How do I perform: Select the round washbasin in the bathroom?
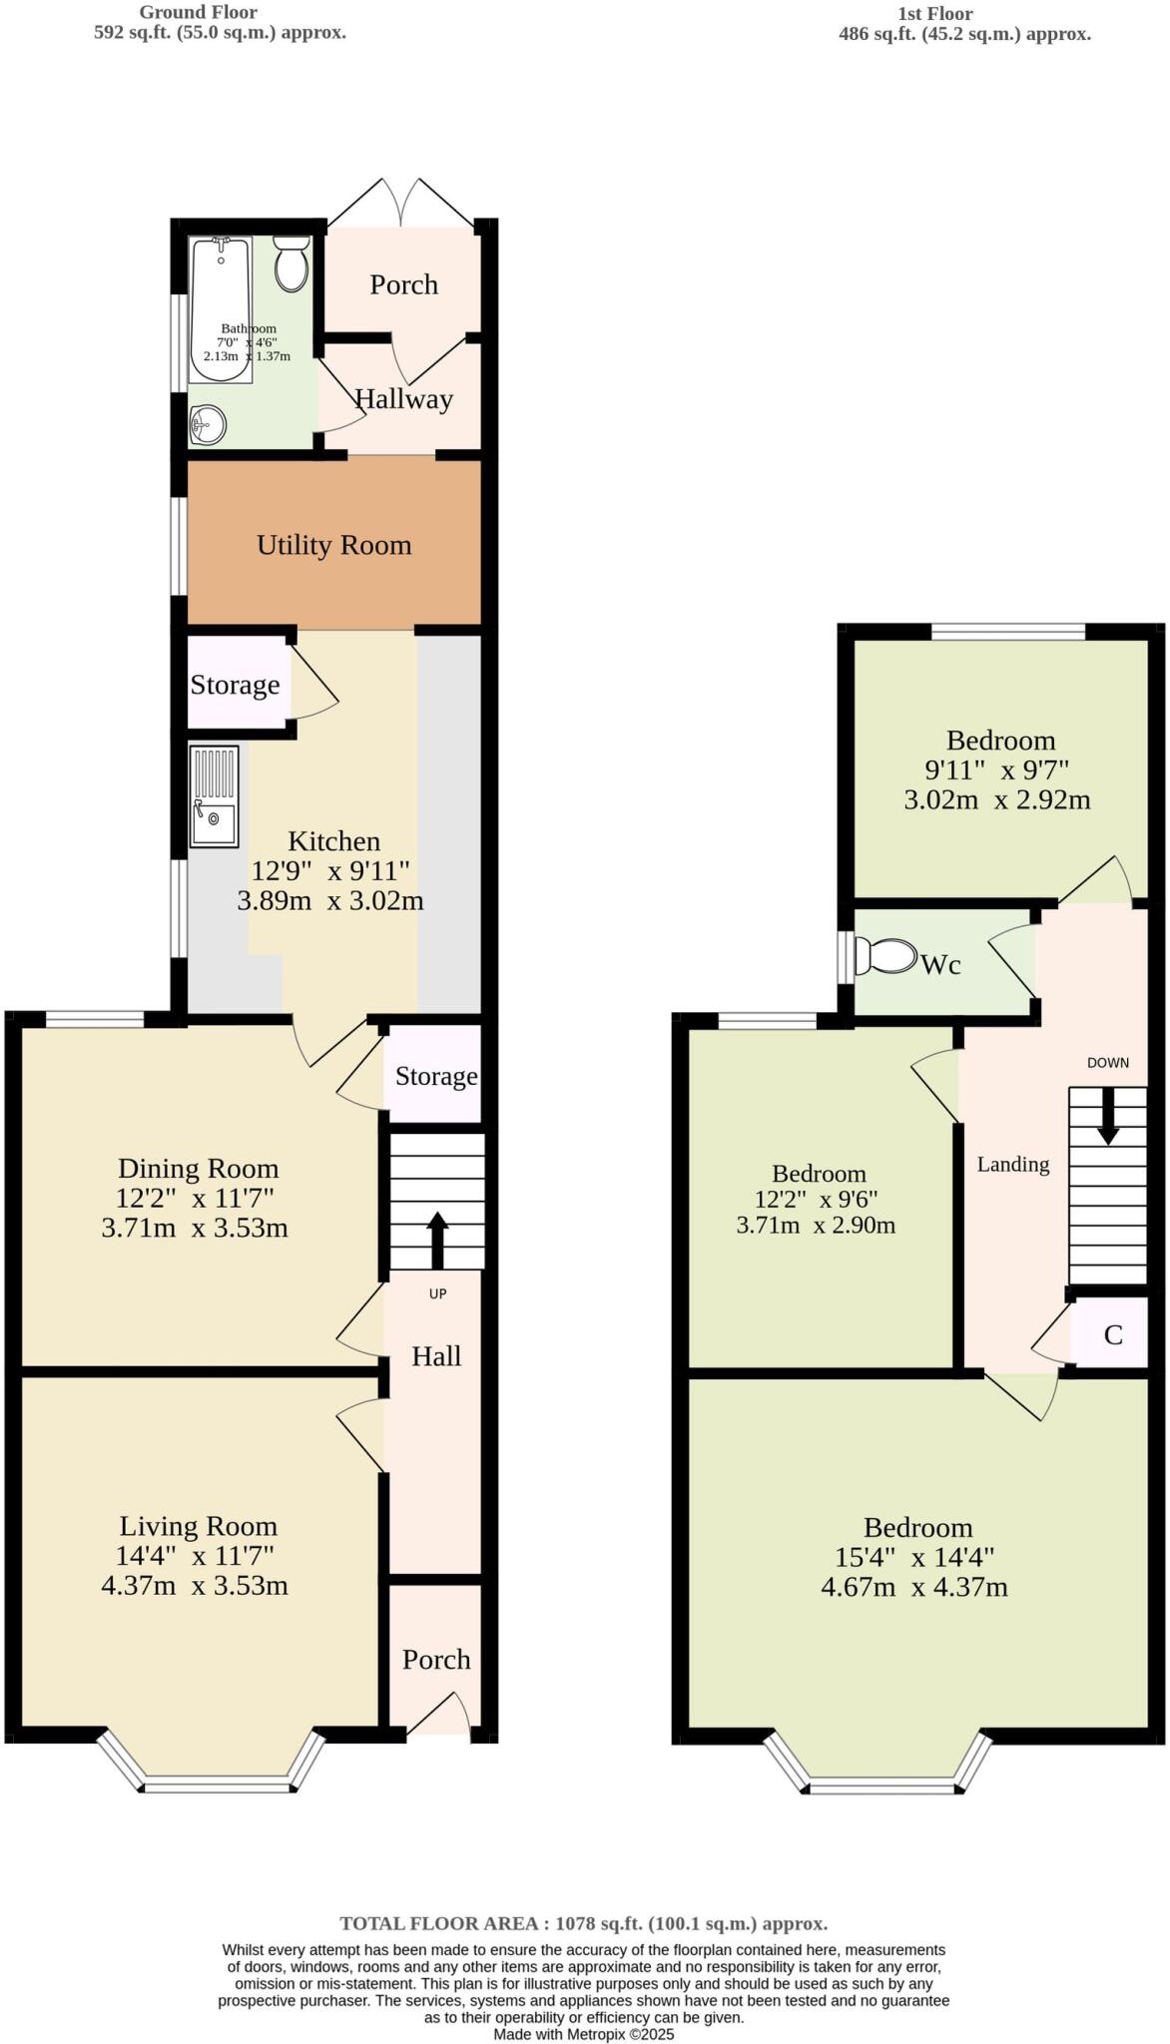pyautogui.click(x=208, y=425)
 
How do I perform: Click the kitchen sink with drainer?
pyautogui.click(x=215, y=796)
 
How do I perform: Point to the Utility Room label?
pyautogui.click(x=333, y=545)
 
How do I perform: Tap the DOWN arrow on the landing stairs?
pyautogui.click(x=1108, y=1115)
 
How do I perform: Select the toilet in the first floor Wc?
pyautogui.click(x=885, y=956)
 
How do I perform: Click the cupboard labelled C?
pyautogui.click(x=1112, y=1334)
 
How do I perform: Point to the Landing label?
pyautogui.click(x=1012, y=1164)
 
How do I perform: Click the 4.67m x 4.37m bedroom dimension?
pyautogui.click(x=913, y=1587)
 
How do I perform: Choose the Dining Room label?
pyautogui.click(x=198, y=1168)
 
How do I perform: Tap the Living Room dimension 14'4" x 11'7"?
pyautogui.click(x=195, y=1555)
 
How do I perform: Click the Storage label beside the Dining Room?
pyautogui.click(x=436, y=1076)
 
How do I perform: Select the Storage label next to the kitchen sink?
pyautogui.click(x=235, y=685)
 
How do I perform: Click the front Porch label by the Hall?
pyautogui.click(x=436, y=1659)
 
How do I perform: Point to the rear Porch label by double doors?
pyautogui.click(x=403, y=284)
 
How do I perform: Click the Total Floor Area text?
pyautogui.click(x=584, y=1923)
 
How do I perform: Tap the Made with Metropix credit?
pyautogui.click(x=584, y=2033)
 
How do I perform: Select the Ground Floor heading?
pyautogui.click(x=198, y=12)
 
